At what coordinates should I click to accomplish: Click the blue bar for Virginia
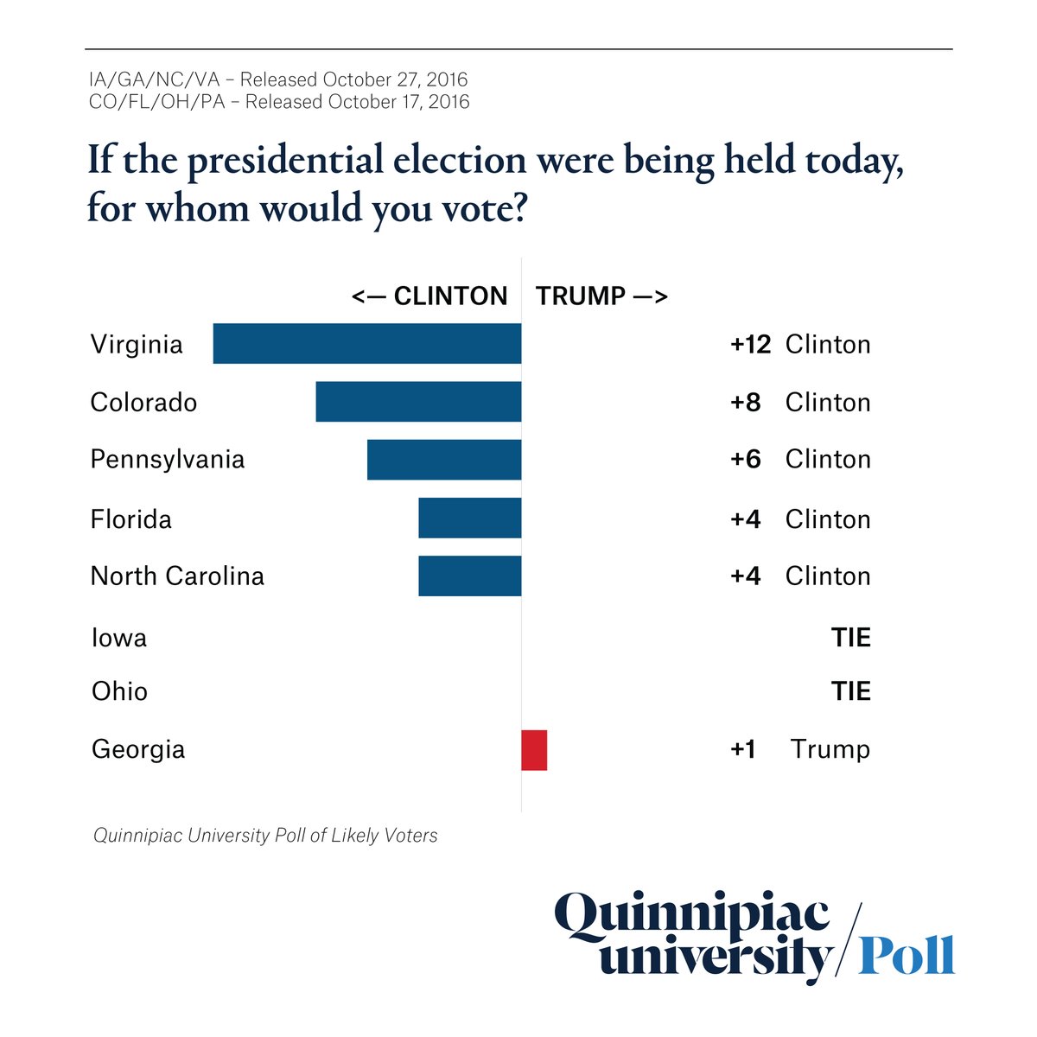367,344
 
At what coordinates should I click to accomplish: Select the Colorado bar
418,402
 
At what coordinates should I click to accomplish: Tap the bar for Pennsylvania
444,460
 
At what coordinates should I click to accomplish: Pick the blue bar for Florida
470,518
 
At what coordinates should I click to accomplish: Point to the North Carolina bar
470,576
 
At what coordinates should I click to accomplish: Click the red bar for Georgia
534,749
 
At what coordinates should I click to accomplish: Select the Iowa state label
119,638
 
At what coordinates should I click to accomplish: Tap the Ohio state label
119,691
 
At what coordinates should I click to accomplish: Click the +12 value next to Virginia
750,344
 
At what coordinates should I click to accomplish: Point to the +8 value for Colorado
746,402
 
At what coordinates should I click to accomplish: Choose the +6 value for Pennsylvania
746,459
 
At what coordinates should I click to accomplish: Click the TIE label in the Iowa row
851,638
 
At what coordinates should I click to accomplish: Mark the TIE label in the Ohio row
851,691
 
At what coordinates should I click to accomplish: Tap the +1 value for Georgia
743,749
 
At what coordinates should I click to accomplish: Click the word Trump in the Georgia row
830,749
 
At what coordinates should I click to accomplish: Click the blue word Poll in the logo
907,955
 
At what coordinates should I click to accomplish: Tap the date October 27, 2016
395,80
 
